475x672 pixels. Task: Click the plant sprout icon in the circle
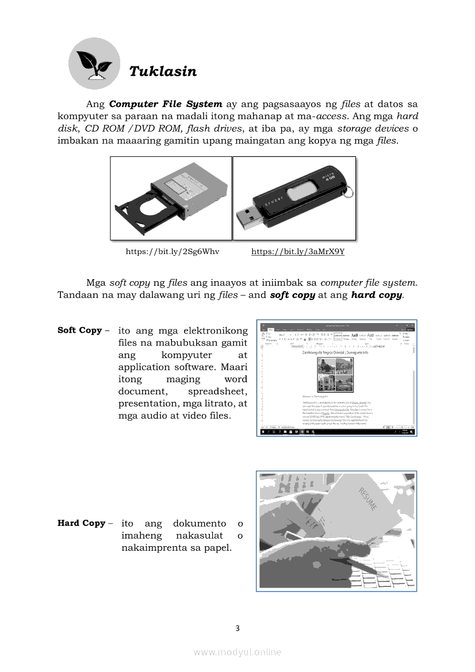[94, 64]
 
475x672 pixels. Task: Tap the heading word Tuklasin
[163, 71]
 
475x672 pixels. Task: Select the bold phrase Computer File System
[166, 104]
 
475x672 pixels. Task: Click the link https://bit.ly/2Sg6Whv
[173, 252]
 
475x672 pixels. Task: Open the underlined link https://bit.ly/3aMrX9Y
[298, 252]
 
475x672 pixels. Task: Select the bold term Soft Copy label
[79, 331]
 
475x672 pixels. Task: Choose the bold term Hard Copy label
[81, 523]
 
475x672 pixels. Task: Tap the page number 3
[237, 628]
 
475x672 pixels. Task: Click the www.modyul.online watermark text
[237, 652]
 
